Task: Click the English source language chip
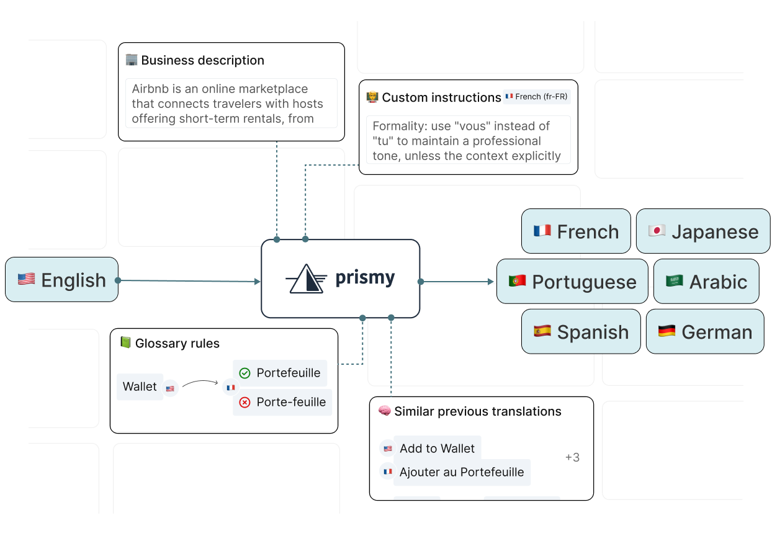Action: [x=62, y=280]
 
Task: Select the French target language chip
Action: [x=576, y=231]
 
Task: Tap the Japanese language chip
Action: [x=703, y=231]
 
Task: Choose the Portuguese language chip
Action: [x=572, y=282]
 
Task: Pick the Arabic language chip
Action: [x=706, y=282]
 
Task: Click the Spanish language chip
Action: [x=581, y=332]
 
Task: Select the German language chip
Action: [x=705, y=332]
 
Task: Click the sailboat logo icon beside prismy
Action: [x=306, y=279]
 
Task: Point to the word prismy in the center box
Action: [x=365, y=279]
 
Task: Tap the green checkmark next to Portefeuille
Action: [x=245, y=373]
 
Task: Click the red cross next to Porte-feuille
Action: [x=245, y=403]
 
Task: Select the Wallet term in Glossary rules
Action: [x=140, y=386]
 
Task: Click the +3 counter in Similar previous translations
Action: [x=572, y=458]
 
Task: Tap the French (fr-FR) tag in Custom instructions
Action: [x=536, y=97]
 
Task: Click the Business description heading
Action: [x=202, y=60]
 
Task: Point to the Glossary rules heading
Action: [x=177, y=344]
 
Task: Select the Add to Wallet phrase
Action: [x=437, y=449]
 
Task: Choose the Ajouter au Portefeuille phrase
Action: [x=462, y=472]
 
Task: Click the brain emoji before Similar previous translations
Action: [x=384, y=411]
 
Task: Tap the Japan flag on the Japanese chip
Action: [x=657, y=231]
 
